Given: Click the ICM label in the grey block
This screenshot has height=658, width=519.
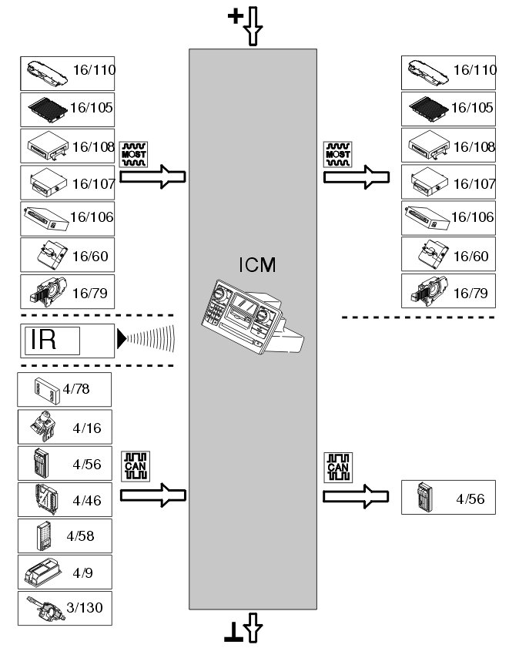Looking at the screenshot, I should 257,267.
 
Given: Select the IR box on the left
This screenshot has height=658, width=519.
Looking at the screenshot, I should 67,340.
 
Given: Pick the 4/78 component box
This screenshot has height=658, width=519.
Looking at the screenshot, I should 65,390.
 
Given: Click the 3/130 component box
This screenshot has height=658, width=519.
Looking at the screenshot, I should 65,608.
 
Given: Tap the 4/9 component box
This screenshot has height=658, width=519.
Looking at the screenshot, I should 65,572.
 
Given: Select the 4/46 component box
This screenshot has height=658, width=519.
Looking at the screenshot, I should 65,499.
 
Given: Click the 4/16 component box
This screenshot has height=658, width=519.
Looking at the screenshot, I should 65,426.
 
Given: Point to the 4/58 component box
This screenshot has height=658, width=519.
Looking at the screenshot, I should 65,535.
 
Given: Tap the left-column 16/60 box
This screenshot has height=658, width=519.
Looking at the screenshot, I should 67,254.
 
